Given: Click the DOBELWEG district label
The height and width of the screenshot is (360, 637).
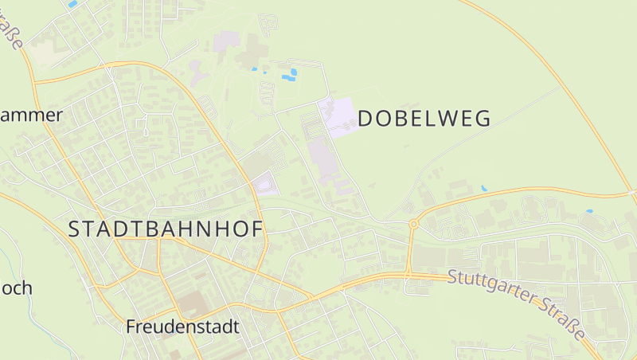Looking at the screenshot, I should point(424,119).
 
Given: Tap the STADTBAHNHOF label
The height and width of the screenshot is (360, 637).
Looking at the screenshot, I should point(166,229).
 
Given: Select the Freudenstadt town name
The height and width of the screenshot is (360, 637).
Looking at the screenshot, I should point(182,327).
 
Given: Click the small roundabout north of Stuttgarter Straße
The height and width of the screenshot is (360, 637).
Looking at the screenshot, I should point(413,225).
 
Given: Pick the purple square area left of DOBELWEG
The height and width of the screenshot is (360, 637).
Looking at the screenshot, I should point(337,117).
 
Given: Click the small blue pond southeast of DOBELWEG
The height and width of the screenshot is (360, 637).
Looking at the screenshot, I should point(483,188).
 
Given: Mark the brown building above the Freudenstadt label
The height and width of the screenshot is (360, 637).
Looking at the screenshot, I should point(190,303).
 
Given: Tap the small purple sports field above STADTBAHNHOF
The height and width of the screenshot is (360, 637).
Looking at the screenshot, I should point(264,186).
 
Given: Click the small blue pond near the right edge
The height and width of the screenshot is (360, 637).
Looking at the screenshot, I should point(589,212).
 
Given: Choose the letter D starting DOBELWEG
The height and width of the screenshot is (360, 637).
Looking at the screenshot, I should point(366,119).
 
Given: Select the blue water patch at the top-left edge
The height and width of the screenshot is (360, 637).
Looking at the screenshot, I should point(72,4).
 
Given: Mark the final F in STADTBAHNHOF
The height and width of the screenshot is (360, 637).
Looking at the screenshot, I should point(256,229).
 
